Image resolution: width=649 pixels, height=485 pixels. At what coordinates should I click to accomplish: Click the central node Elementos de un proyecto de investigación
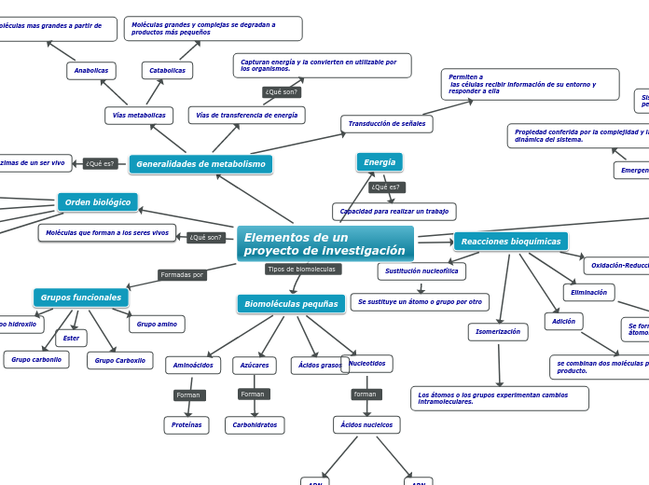click(x=324, y=244)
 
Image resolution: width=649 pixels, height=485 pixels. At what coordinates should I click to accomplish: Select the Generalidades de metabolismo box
click(x=200, y=164)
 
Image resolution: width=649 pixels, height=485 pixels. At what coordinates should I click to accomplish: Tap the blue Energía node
click(x=380, y=162)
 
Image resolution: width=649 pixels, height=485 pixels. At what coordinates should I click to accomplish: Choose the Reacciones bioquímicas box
click(x=510, y=242)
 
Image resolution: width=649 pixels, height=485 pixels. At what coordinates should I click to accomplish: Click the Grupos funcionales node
click(x=81, y=298)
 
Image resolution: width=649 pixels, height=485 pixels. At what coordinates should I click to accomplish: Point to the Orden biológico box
click(x=98, y=202)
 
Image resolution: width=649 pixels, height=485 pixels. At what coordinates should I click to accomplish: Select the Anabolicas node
click(x=91, y=71)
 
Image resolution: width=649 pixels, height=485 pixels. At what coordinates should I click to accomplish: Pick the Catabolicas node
click(x=168, y=71)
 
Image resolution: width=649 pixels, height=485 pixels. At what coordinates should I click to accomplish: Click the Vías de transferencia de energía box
click(x=246, y=116)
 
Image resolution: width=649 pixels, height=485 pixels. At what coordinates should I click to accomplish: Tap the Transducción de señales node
click(x=387, y=124)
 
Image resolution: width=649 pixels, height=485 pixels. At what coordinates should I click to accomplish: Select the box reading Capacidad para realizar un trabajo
click(x=394, y=212)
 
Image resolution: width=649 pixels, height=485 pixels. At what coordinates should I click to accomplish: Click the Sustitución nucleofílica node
click(x=421, y=271)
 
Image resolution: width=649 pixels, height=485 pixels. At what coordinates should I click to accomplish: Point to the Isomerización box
click(x=498, y=332)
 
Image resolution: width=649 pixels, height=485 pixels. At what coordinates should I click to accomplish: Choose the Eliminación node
click(x=588, y=293)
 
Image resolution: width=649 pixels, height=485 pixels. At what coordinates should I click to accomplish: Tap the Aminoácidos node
click(x=193, y=366)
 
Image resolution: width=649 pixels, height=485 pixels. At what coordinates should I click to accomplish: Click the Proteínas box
click(x=186, y=425)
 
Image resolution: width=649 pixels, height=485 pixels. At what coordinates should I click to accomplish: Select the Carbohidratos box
click(x=255, y=425)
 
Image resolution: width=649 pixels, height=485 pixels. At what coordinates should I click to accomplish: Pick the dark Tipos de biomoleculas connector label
click(x=303, y=270)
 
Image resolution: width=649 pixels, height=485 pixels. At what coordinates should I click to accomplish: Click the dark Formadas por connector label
click(x=182, y=275)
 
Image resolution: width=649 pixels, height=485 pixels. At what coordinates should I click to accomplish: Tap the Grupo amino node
click(x=157, y=325)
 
